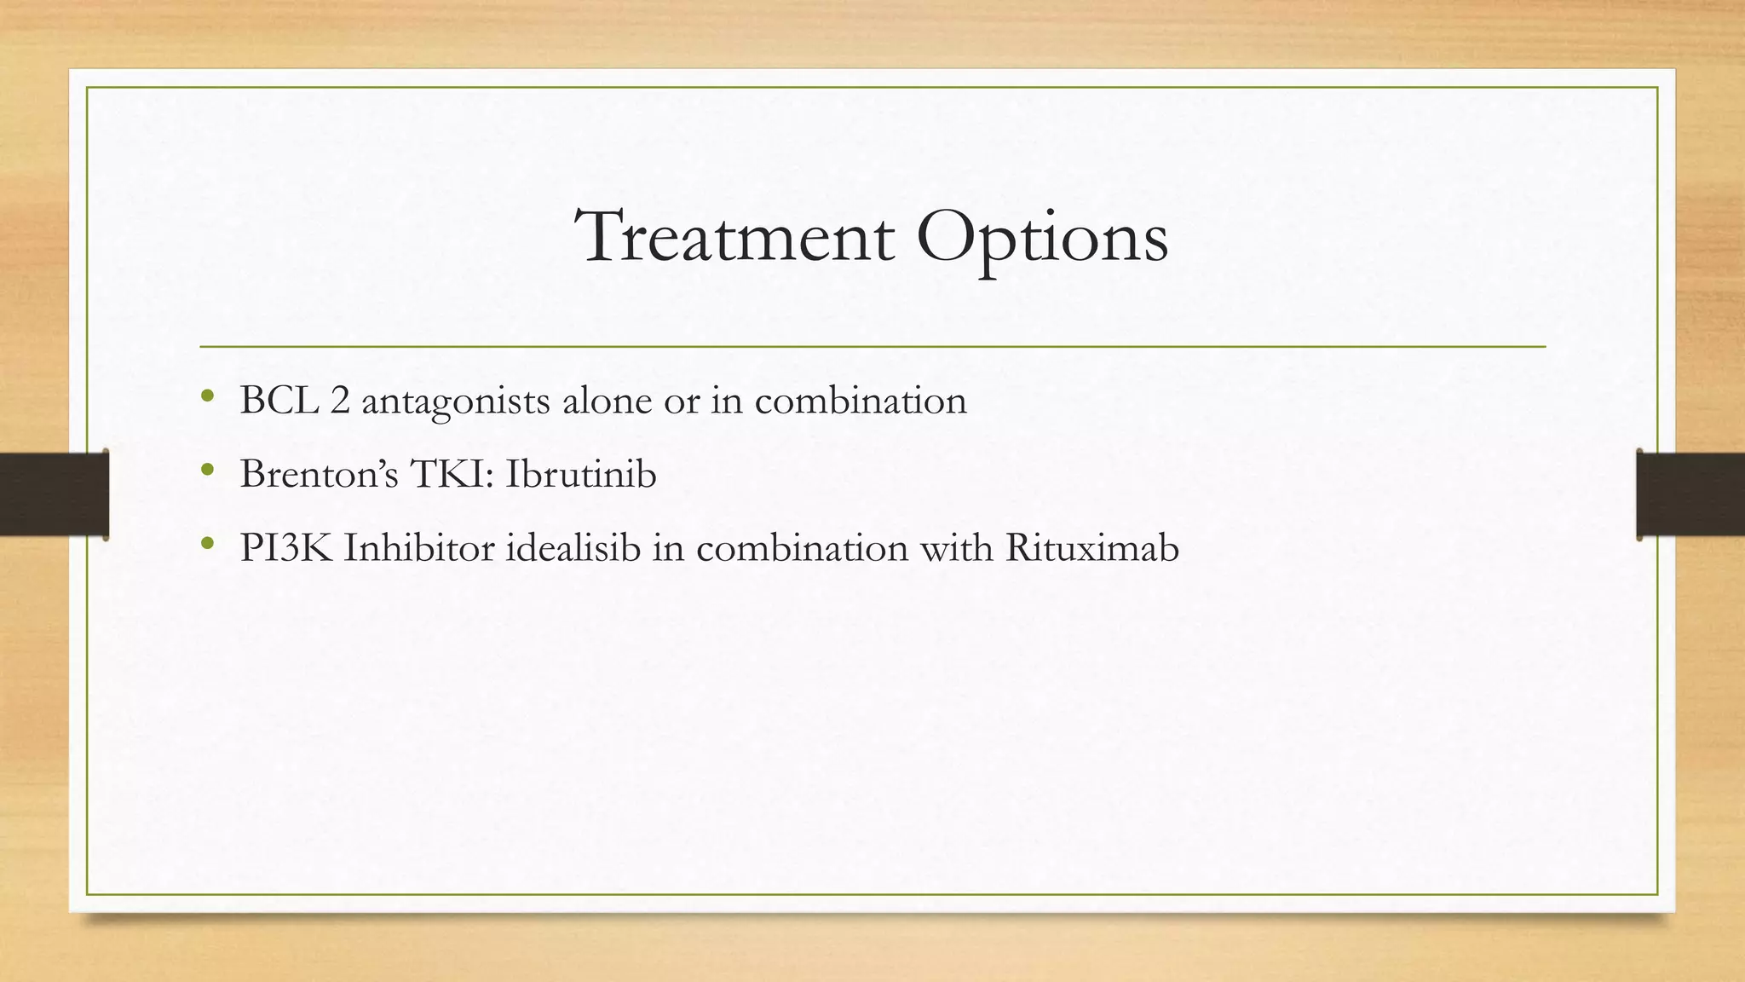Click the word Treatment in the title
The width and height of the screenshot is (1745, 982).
[735, 236]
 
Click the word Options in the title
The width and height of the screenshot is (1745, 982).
[1041, 239]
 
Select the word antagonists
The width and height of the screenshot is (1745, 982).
[455, 402]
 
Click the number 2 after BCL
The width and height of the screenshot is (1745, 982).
[340, 400]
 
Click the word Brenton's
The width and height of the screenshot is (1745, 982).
[319, 474]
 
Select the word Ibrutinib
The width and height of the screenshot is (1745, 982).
[580, 474]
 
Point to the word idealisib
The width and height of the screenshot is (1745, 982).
[573, 547]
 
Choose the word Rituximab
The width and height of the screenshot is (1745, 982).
[1091, 547]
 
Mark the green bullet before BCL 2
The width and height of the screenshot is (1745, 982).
[207, 396]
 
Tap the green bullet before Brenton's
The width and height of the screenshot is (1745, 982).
[207, 469]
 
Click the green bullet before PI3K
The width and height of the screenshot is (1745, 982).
[207, 543]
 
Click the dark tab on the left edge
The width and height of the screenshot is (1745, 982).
[54, 494]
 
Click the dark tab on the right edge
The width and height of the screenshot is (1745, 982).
[1690, 494]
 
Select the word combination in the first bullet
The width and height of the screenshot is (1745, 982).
[861, 400]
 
